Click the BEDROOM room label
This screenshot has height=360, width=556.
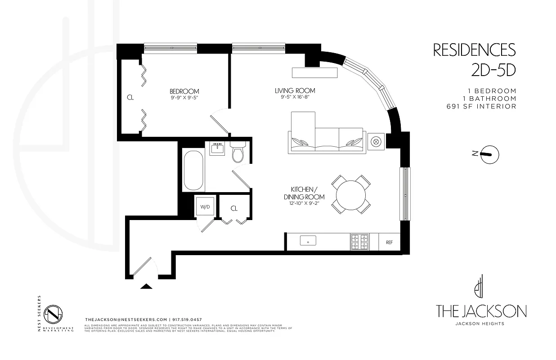[184, 91]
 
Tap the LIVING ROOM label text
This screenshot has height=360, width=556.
[295, 90]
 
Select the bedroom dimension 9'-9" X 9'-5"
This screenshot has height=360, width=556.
[184, 97]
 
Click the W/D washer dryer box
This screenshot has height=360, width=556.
[205, 207]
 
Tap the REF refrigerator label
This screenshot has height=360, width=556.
[389, 242]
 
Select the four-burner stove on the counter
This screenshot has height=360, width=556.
[359, 242]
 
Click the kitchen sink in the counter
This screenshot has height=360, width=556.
[308, 241]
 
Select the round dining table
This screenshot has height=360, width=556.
[351, 194]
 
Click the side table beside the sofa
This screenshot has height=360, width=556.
[376, 141]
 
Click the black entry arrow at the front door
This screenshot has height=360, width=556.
[147, 286]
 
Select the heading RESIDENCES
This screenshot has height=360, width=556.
[474, 50]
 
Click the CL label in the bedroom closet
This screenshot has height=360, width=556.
[130, 97]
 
